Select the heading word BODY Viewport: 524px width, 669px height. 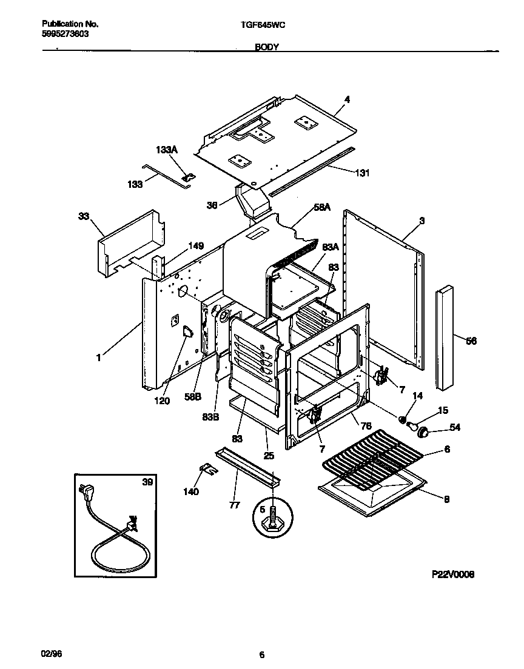tap(266, 47)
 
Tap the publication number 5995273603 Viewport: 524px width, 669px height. tap(65, 34)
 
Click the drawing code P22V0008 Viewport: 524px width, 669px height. tap(452, 574)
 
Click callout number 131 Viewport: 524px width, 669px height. tap(361, 173)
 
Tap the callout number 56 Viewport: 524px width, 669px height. tap(471, 341)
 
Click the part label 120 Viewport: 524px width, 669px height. tap(162, 401)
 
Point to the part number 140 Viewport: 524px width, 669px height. tap(190, 491)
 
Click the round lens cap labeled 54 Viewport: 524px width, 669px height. tap(425, 431)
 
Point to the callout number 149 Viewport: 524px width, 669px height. tap(195, 245)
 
